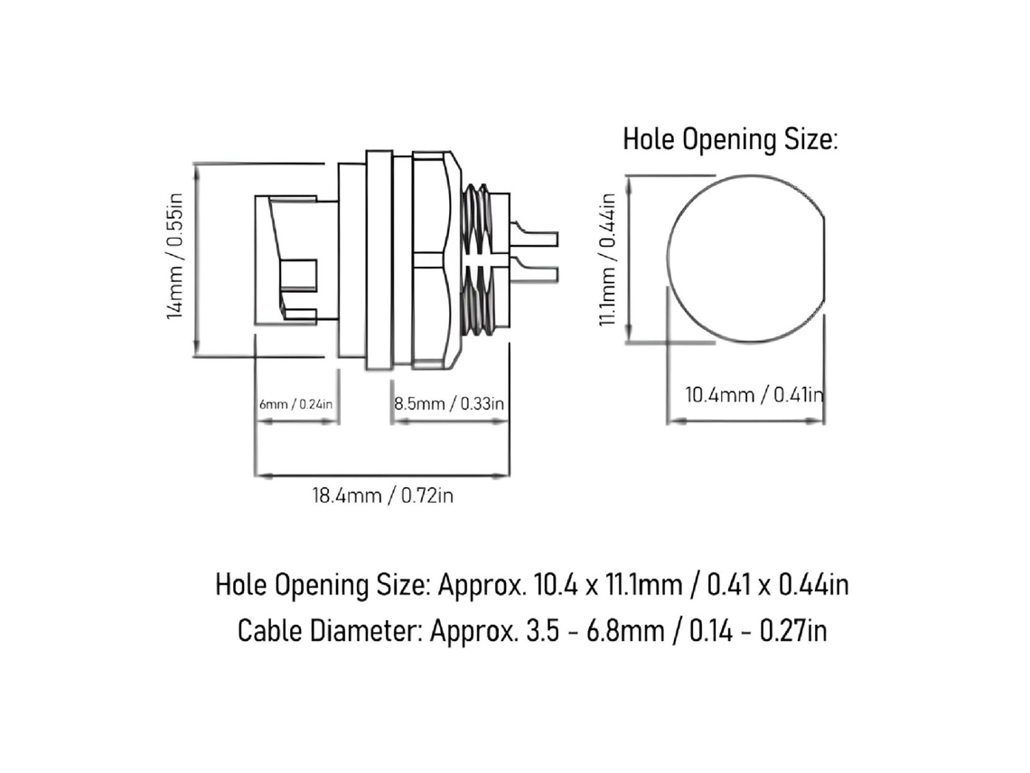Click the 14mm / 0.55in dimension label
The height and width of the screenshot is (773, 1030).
click(174, 257)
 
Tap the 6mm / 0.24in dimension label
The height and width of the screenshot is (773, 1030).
click(295, 403)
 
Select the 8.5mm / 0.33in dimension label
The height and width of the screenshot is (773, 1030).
click(449, 403)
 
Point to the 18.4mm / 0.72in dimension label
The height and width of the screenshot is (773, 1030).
click(382, 495)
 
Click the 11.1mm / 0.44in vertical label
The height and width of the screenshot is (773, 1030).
click(607, 259)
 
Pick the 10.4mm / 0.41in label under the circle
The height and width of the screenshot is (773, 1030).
click(754, 394)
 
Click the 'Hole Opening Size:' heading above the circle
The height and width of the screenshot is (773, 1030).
click(730, 139)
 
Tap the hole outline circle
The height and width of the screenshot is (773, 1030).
click(669, 259)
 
